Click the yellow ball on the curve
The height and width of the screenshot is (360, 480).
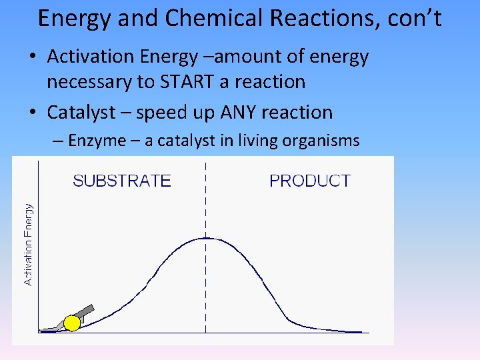point(71,323)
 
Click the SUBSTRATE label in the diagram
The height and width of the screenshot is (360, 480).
point(122,181)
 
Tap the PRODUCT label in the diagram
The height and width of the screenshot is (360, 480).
point(310,181)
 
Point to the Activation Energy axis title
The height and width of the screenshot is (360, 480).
point(29,245)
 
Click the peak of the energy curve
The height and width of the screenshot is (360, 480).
point(206,238)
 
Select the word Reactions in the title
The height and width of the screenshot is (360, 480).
point(315,18)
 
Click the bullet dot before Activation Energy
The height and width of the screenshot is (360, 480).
point(33,57)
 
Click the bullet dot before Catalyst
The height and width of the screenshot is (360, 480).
point(33,113)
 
